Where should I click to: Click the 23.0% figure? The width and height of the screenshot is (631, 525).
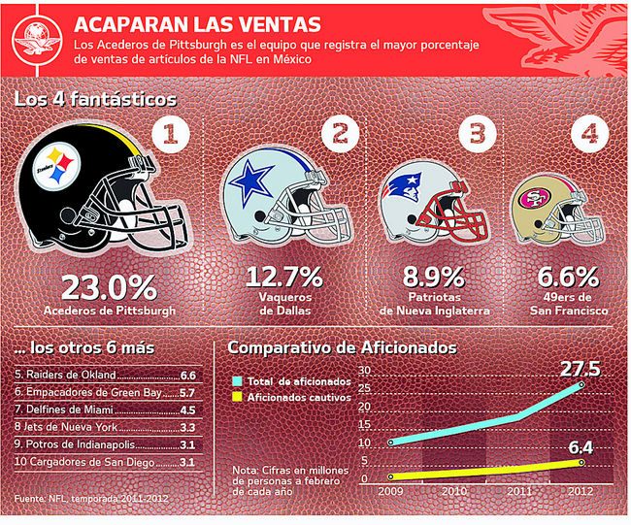109,287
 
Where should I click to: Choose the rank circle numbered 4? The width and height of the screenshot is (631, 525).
584,137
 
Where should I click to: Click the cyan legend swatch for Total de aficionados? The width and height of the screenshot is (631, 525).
237,379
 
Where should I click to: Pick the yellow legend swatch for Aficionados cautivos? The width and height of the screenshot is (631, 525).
237,397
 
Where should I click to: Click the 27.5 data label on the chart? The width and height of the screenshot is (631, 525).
580,369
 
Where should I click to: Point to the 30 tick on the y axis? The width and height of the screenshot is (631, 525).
364,372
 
